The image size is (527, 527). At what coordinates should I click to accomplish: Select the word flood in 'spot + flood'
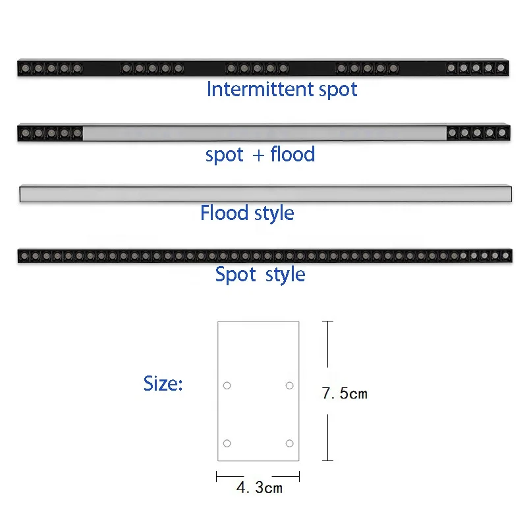pyautogui.click(x=292, y=155)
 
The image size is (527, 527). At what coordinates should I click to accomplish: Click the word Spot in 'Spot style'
pyautogui.click(x=235, y=274)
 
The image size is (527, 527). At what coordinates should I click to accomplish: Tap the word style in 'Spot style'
pyautogui.click(x=285, y=275)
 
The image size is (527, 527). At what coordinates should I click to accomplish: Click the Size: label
pyautogui.click(x=163, y=383)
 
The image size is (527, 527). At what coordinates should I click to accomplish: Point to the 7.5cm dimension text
pyautogui.click(x=345, y=394)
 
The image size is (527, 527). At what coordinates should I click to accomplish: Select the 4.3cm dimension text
pyautogui.click(x=259, y=487)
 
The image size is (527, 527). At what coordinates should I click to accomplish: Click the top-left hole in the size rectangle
pyautogui.click(x=227, y=385)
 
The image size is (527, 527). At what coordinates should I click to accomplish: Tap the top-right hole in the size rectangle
pyautogui.click(x=289, y=385)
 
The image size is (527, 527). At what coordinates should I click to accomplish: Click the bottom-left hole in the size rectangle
pyautogui.click(x=227, y=443)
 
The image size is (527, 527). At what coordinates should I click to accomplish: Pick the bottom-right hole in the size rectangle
pyautogui.click(x=289, y=443)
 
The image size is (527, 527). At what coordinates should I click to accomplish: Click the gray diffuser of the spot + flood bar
pyautogui.click(x=263, y=133)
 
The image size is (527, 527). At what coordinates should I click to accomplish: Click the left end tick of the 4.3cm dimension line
pyautogui.click(x=217, y=476)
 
